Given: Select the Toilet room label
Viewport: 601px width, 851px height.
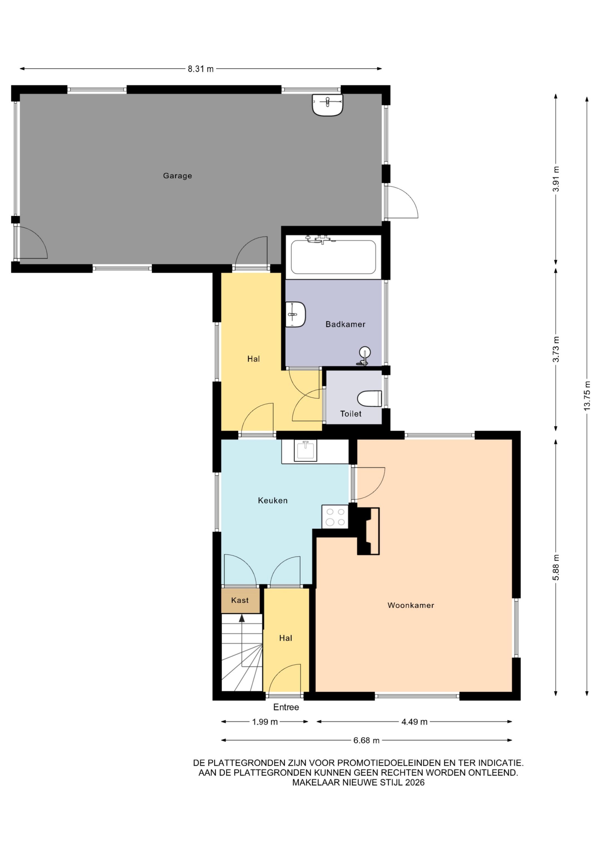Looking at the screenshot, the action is coord(351,414).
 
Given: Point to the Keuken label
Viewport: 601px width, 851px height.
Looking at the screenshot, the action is coord(273,500).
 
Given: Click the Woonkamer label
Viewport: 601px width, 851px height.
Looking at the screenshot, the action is coord(411,605).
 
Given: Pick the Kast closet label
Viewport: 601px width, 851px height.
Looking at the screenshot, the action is coord(240,600).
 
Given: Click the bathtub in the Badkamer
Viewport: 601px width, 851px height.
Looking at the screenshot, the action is coord(333,257).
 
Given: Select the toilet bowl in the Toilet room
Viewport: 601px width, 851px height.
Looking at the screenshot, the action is coord(370,398).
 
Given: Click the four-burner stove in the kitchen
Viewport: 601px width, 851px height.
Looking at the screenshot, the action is coord(335,517).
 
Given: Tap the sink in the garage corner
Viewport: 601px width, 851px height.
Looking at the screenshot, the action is coord(327,104).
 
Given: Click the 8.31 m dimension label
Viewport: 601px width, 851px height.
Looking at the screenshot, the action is coord(201,69).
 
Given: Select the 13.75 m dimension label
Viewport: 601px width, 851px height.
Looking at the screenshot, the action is coord(587,396).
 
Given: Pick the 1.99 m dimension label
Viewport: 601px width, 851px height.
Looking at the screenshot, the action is coord(265,722).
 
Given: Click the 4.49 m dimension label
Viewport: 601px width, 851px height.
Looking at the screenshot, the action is coord(414,722).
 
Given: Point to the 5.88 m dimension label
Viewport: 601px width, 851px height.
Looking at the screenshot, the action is coord(556,567).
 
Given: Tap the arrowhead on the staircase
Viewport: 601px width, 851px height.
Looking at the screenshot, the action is coord(242,618).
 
